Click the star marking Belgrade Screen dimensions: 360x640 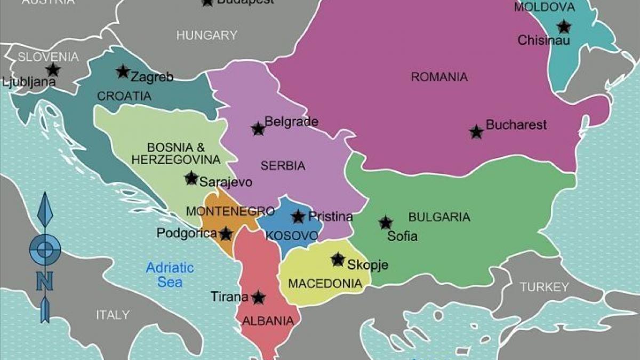(258, 129)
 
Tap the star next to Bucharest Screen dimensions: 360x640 (476, 132)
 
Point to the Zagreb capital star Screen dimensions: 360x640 (123, 71)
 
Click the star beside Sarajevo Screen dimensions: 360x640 (191, 178)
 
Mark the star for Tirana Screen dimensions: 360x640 (258, 298)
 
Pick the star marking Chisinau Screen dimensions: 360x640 (563, 27)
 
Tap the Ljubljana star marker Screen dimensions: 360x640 (52, 69)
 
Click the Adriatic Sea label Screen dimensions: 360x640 (170, 275)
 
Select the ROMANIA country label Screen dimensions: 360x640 (439, 77)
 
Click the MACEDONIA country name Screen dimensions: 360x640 (325, 283)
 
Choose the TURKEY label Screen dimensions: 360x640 (544, 287)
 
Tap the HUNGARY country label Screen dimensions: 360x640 (206, 36)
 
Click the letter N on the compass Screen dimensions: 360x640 (44, 281)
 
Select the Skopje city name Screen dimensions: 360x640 (367, 265)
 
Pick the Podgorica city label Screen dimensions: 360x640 (187, 233)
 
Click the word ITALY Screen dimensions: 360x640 (113, 315)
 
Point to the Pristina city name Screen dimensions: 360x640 (331, 217)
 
